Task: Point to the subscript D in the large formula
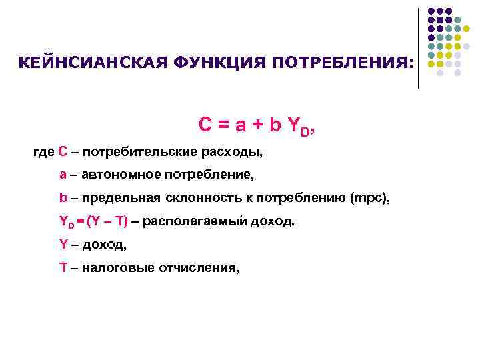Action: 305,131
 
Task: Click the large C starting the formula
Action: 206,125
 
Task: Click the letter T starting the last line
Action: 63,267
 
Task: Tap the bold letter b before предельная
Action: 63,198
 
